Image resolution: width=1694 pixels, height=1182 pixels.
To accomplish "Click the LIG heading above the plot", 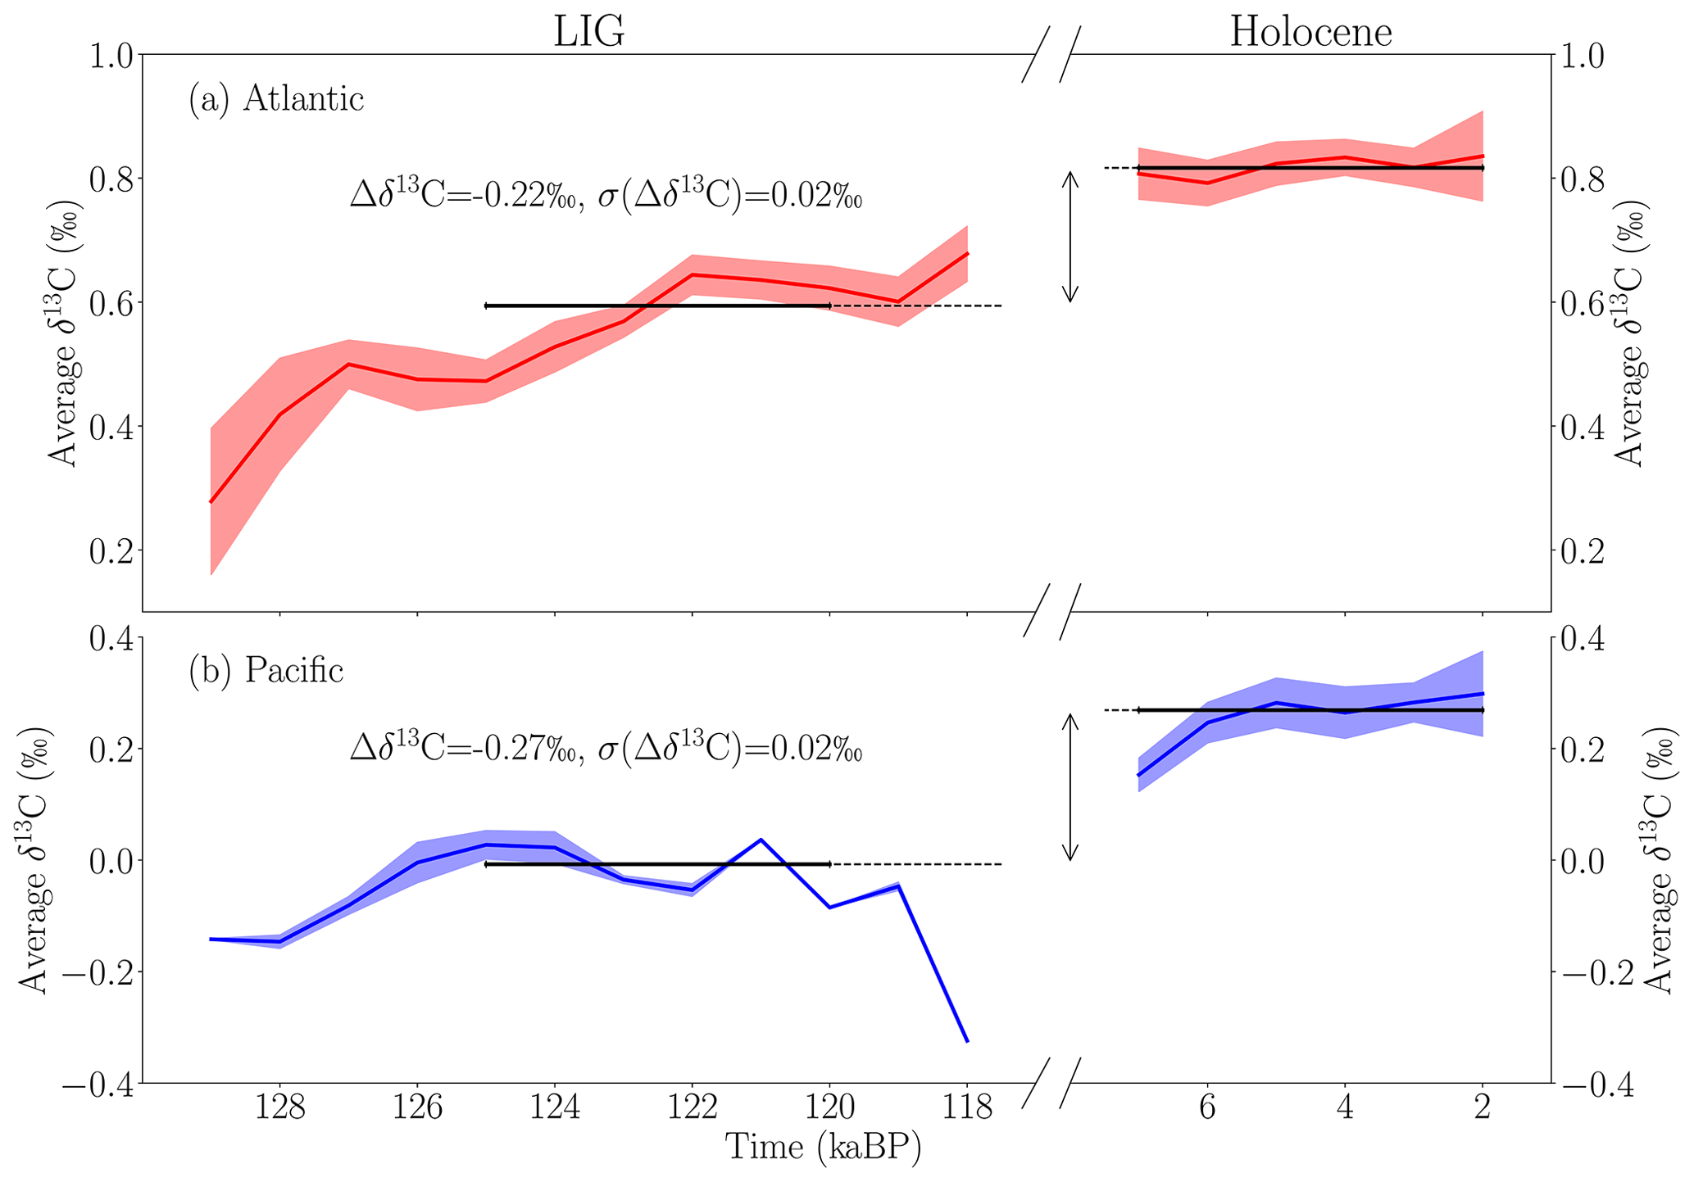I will click(x=588, y=32).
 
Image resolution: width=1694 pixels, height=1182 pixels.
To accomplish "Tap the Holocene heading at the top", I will click(x=1310, y=32).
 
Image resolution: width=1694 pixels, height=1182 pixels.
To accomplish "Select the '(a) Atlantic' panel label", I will click(x=276, y=99).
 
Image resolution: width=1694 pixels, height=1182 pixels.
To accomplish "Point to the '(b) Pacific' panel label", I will click(x=266, y=671).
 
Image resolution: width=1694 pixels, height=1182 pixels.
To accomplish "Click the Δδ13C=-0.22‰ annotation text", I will click(x=606, y=197).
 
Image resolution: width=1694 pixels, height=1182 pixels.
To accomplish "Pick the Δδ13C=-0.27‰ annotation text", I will click(x=606, y=749).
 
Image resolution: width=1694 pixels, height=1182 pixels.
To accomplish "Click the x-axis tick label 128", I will click(x=280, y=1109).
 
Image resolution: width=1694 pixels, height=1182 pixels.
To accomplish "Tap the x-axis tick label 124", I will click(x=555, y=1109).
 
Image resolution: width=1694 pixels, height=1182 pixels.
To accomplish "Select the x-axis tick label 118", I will click(x=967, y=1109).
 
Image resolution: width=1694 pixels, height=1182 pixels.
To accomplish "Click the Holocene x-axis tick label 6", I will click(x=1207, y=1109).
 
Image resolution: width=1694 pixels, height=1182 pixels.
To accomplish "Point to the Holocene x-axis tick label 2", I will click(x=1482, y=1109).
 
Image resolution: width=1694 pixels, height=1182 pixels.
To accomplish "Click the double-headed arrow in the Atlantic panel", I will click(x=1070, y=237).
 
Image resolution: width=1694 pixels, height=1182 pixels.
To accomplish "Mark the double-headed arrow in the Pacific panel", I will click(x=1070, y=787).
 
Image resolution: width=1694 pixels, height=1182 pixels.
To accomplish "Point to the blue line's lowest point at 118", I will click(x=967, y=1040).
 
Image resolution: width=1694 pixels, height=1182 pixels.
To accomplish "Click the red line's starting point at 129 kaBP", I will click(x=211, y=501).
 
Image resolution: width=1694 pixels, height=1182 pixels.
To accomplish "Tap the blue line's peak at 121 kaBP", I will click(x=761, y=840).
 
